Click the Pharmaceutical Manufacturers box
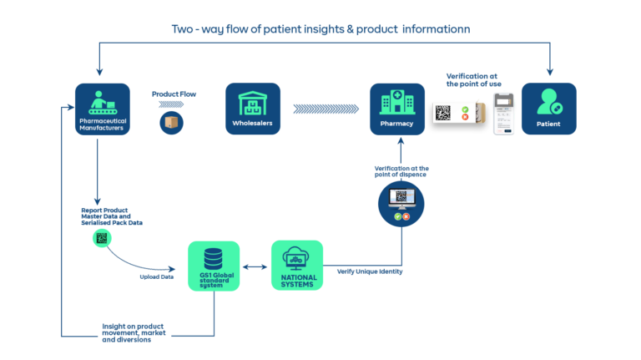click(x=102, y=109)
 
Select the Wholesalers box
click(x=253, y=109)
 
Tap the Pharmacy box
click(x=397, y=109)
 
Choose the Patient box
click(x=548, y=109)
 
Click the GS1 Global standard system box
click(x=214, y=266)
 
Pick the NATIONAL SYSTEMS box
click(x=297, y=266)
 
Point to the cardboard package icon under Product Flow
click(x=170, y=123)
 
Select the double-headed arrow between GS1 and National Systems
click(x=255, y=267)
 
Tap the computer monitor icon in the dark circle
click(x=401, y=199)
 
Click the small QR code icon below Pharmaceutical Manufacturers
click(x=102, y=239)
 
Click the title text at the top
click(x=320, y=29)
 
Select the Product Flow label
click(x=170, y=94)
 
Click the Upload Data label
click(x=156, y=275)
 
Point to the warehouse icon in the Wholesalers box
click(x=253, y=103)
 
